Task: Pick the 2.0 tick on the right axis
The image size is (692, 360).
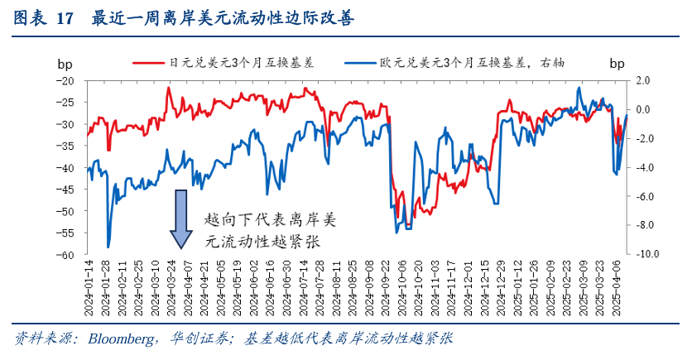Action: pyautogui.click(x=642, y=81)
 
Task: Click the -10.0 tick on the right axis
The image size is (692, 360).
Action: pyautogui.click(x=639, y=254)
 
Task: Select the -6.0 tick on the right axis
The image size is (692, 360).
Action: pyautogui.click(x=641, y=196)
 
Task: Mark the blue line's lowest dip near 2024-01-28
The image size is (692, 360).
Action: pyautogui.click(x=108, y=246)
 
